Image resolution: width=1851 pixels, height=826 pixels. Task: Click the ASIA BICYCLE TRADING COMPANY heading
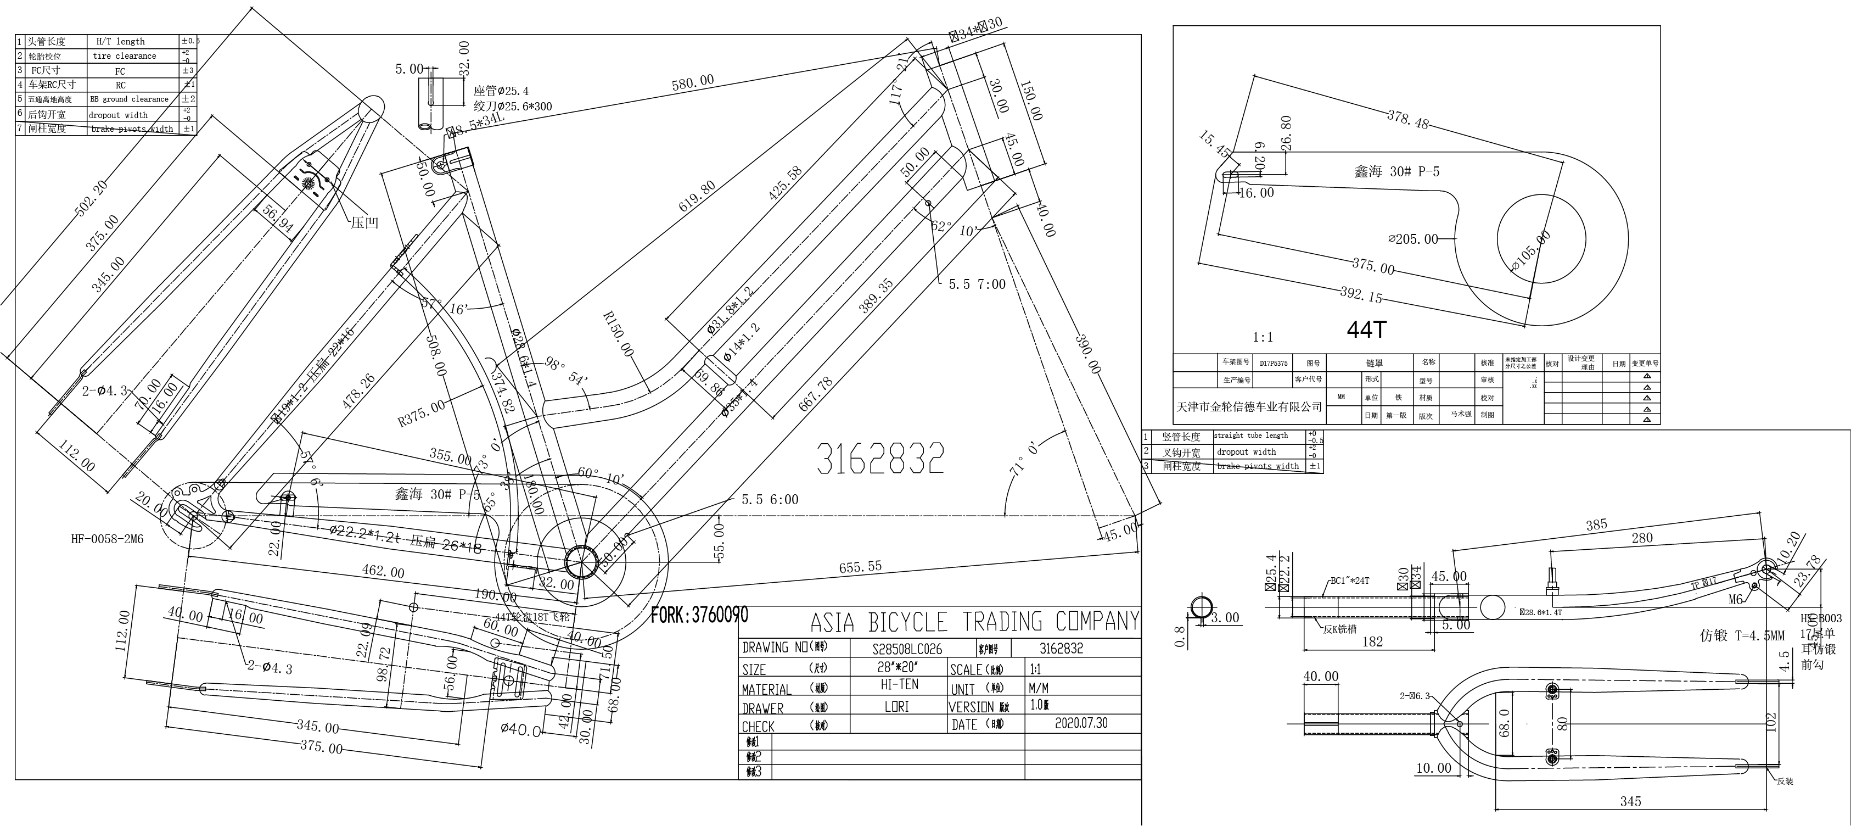(x=974, y=621)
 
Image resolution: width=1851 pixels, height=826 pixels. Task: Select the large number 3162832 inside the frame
(x=880, y=459)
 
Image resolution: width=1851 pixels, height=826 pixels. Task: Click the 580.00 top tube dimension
(x=693, y=83)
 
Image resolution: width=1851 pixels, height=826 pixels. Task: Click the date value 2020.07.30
(x=1081, y=723)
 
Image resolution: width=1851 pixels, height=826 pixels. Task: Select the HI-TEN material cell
(x=899, y=685)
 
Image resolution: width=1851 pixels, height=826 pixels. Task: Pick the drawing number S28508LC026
(x=907, y=649)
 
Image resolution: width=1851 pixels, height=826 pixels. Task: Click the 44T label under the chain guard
(x=1365, y=330)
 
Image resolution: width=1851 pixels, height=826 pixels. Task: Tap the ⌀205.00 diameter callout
(x=1413, y=239)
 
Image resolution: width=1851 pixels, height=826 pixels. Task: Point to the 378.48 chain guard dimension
(x=1407, y=119)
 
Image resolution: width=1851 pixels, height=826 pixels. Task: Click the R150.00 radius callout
(x=618, y=334)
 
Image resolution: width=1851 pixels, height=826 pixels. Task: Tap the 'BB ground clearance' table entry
(x=130, y=99)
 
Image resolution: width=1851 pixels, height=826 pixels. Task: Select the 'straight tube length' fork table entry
(x=1251, y=436)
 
